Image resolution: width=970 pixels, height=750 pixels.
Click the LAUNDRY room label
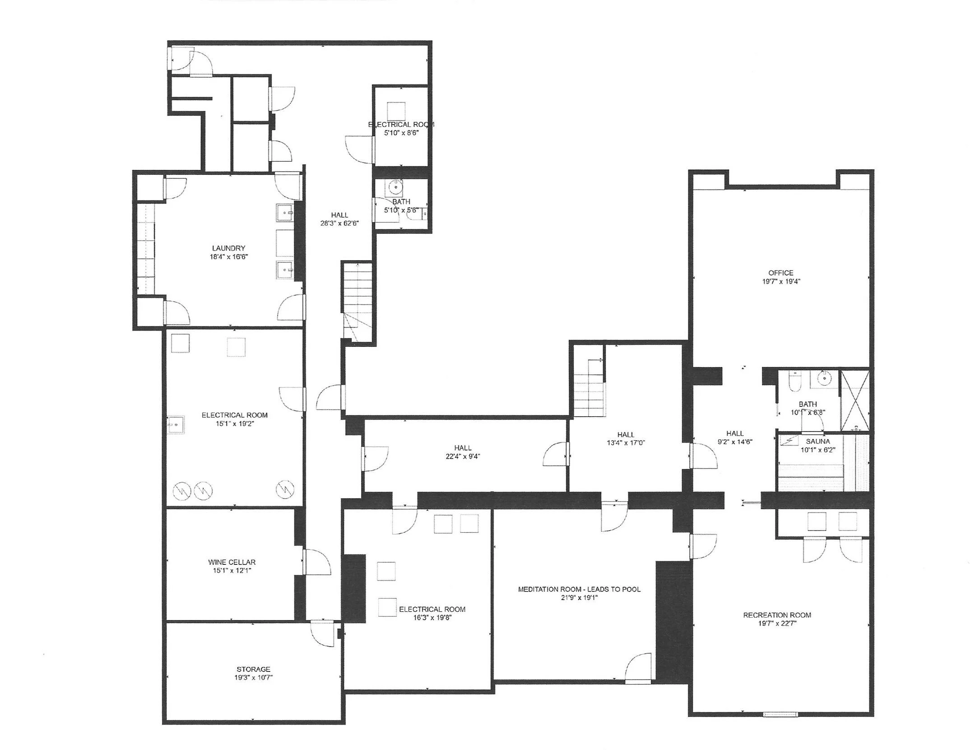coord(228,248)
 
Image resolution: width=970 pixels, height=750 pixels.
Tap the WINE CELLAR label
coord(232,562)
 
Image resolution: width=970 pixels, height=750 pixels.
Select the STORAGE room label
coord(253,669)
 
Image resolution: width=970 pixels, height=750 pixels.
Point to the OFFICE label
coord(781,273)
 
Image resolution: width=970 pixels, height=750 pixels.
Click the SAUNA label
coord(818,442)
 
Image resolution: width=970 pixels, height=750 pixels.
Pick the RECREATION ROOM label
coord(777,615)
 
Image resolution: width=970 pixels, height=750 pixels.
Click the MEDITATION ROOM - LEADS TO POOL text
coord(579,589)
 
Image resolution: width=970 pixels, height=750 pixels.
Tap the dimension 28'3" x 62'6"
coord(339,223)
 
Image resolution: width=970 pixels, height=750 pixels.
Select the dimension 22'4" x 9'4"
coord(463,456)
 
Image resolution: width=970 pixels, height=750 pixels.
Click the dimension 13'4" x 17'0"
coord(626,443)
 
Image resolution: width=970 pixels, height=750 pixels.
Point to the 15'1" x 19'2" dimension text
coord(234,424)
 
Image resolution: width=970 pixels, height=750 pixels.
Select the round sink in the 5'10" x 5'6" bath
coord(396,186)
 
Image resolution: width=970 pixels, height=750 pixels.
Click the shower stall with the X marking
coord(854,400)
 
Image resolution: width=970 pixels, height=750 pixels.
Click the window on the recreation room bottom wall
coord(780,714)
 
